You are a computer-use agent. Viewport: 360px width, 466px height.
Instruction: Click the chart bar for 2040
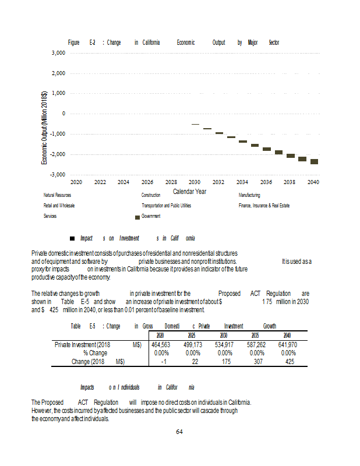pyautogui.click(x=314, y=161)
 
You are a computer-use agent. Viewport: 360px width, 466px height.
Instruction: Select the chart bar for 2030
pyautogui.click(x=195, y=124)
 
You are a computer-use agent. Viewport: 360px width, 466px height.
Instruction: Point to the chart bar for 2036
pyautogui.click(x=266, y=149)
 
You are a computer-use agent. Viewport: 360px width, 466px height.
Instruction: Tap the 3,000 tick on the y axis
pyautogui.click(x=57, y=53)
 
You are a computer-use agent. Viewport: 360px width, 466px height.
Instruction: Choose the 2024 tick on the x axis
pyautogui.click(x=123, y=182)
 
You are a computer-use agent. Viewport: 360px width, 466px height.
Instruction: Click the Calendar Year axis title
pyautogui.click(x=189, y=191)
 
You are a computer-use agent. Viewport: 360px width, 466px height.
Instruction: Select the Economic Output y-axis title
pyautogui.click(x=44, y=128)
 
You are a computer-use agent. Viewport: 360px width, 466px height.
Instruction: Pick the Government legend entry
pyautogui.click(x=151, y=216)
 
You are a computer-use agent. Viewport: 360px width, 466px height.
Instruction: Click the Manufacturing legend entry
pyautogui.click(x=249, y=195)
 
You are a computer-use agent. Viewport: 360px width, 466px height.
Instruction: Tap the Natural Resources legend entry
pyautogui.click(x=57, y=195)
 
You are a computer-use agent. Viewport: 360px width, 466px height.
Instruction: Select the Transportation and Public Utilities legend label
pyautogui.click(x=166, y=206)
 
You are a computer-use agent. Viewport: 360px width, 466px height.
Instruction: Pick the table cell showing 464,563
pyautogui.click(x=160, y=345)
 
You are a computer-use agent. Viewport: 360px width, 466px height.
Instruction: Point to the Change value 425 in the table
pyautogui.click(x=287, y=361)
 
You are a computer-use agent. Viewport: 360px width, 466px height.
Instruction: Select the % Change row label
pyautogui.click(x=95, y=353)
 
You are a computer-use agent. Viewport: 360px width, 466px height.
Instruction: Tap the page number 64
pyautogui.click(x=179, y=432)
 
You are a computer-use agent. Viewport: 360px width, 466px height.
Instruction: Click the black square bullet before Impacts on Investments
pyautogui.click(x=72, y=238)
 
